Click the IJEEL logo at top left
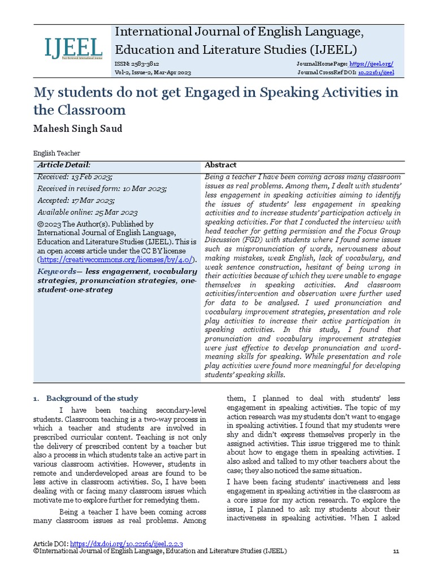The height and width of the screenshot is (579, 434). pos(73,49)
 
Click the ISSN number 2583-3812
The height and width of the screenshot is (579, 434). pos(137,64)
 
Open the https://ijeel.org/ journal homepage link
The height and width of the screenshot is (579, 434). pos(371,64)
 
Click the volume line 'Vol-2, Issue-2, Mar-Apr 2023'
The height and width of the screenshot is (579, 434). pos(153,72)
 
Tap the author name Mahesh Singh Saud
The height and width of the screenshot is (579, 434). pos(78,128)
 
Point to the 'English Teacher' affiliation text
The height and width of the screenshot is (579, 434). pos(57,153)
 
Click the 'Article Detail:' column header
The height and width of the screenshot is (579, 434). pos(64,165)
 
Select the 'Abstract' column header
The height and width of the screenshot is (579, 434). pos(220,165)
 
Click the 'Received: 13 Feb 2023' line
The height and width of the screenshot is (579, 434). pos(75,177)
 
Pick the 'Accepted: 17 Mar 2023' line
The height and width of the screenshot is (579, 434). pos(76,200)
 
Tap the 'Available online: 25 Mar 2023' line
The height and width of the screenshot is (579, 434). pos(88,212)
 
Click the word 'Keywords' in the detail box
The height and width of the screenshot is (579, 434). pos(57,271)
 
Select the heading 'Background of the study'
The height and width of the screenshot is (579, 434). pos(92,398)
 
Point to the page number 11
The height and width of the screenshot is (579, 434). pos(396,551)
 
